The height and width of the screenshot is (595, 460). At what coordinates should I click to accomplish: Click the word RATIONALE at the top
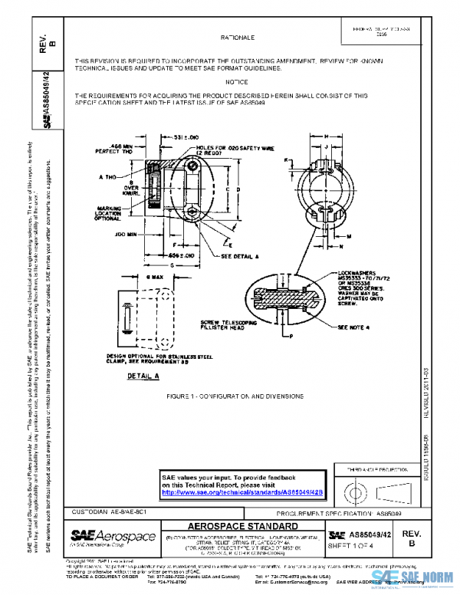tap(237, 37)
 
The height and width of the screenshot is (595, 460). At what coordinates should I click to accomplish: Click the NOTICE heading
tap(237, 81)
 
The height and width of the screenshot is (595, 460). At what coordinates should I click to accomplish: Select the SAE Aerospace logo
tap(113, 536)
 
